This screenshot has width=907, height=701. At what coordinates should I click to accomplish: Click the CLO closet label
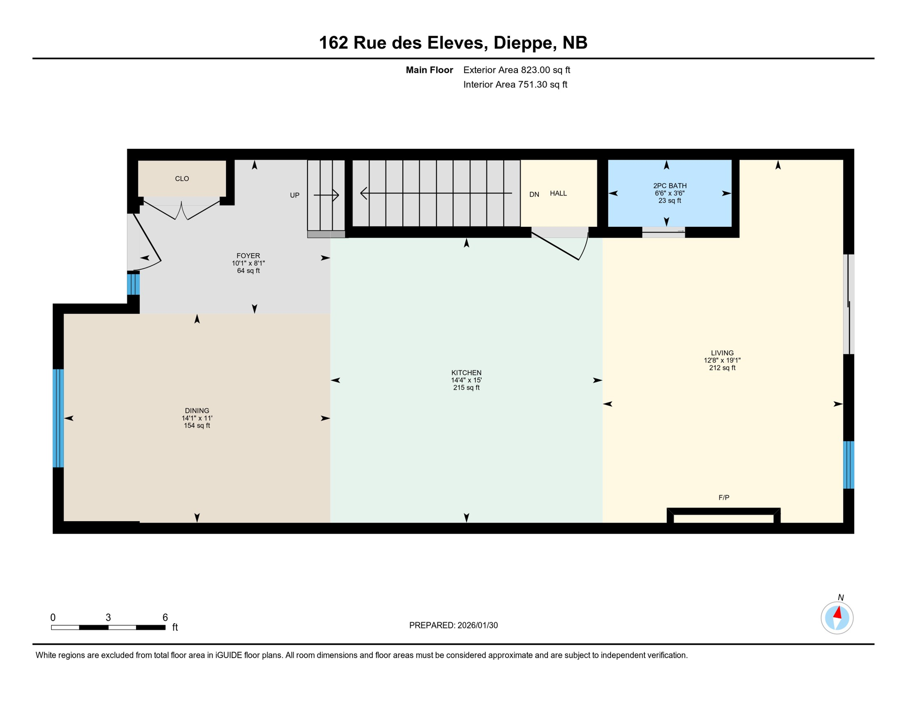(182, 178)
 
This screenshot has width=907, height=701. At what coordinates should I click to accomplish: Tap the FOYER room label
(248, 256)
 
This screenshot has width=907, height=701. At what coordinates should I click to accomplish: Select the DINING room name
(197, 410)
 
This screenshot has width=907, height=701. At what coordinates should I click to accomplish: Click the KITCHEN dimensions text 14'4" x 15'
(466, 380)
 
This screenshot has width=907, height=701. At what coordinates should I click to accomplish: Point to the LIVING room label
(722, 353)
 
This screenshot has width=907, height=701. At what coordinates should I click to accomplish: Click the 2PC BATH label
(669, 186)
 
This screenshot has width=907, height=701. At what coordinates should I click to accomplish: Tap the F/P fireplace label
(724, 497)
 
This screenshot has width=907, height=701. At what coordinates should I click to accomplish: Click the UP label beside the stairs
(294, 195)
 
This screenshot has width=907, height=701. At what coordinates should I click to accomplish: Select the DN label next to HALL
(534, 194)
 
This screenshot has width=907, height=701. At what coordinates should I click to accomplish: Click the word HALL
(558, 194)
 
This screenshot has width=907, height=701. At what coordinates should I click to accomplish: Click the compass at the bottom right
(837, 618)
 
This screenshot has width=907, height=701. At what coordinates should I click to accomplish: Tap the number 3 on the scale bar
(108, 617)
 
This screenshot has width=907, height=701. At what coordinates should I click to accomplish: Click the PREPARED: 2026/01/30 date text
(453, 625)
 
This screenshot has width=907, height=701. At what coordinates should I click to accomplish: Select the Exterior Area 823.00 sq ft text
(516, 70)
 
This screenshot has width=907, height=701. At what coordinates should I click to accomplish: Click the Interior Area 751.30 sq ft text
(515, 84)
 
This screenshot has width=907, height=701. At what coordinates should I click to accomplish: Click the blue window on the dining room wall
(58, 418)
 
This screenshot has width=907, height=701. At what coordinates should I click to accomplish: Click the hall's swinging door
(559, 246)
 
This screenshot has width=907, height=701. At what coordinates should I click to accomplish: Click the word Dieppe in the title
(524, 42)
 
